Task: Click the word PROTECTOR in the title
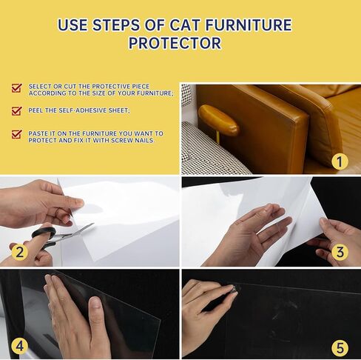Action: [x=175, y=43]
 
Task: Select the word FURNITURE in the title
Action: [x=249, y=24]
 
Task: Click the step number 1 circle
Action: [x=340, y=161]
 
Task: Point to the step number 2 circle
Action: [x=20, y=252]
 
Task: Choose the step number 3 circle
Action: [x=340, y=252]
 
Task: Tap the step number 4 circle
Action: [x=20, y=346]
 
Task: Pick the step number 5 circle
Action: [x=340, y=347]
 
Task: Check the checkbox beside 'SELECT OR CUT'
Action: [x=17, y=88]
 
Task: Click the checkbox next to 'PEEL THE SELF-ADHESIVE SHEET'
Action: [x=17, y=111]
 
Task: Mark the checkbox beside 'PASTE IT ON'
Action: [x=17, y=134]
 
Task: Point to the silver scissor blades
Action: [x=74, y=232]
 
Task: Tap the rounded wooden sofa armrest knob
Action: [x=218, y=120]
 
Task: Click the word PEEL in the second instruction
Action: [x=36, y=110]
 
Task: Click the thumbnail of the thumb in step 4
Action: [x=96, y=302]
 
